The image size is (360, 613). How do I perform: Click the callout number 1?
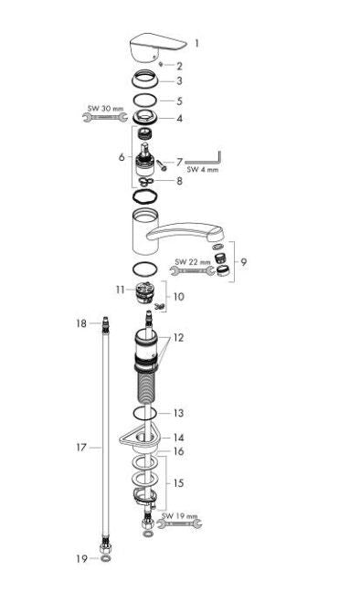click(196, 43)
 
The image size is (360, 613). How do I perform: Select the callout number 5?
click(180, 100)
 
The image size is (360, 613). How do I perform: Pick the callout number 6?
click(121, 157)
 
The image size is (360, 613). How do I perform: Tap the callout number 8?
click(180, 181)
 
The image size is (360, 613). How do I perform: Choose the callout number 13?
click(179, 413)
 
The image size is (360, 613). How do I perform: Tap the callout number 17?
click(80, 448)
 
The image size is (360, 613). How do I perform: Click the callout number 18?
click(80, 323)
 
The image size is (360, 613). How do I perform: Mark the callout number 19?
click(80, 557)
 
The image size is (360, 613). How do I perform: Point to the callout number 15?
click(179, 481)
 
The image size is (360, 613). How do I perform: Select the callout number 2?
click(180, 66)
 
